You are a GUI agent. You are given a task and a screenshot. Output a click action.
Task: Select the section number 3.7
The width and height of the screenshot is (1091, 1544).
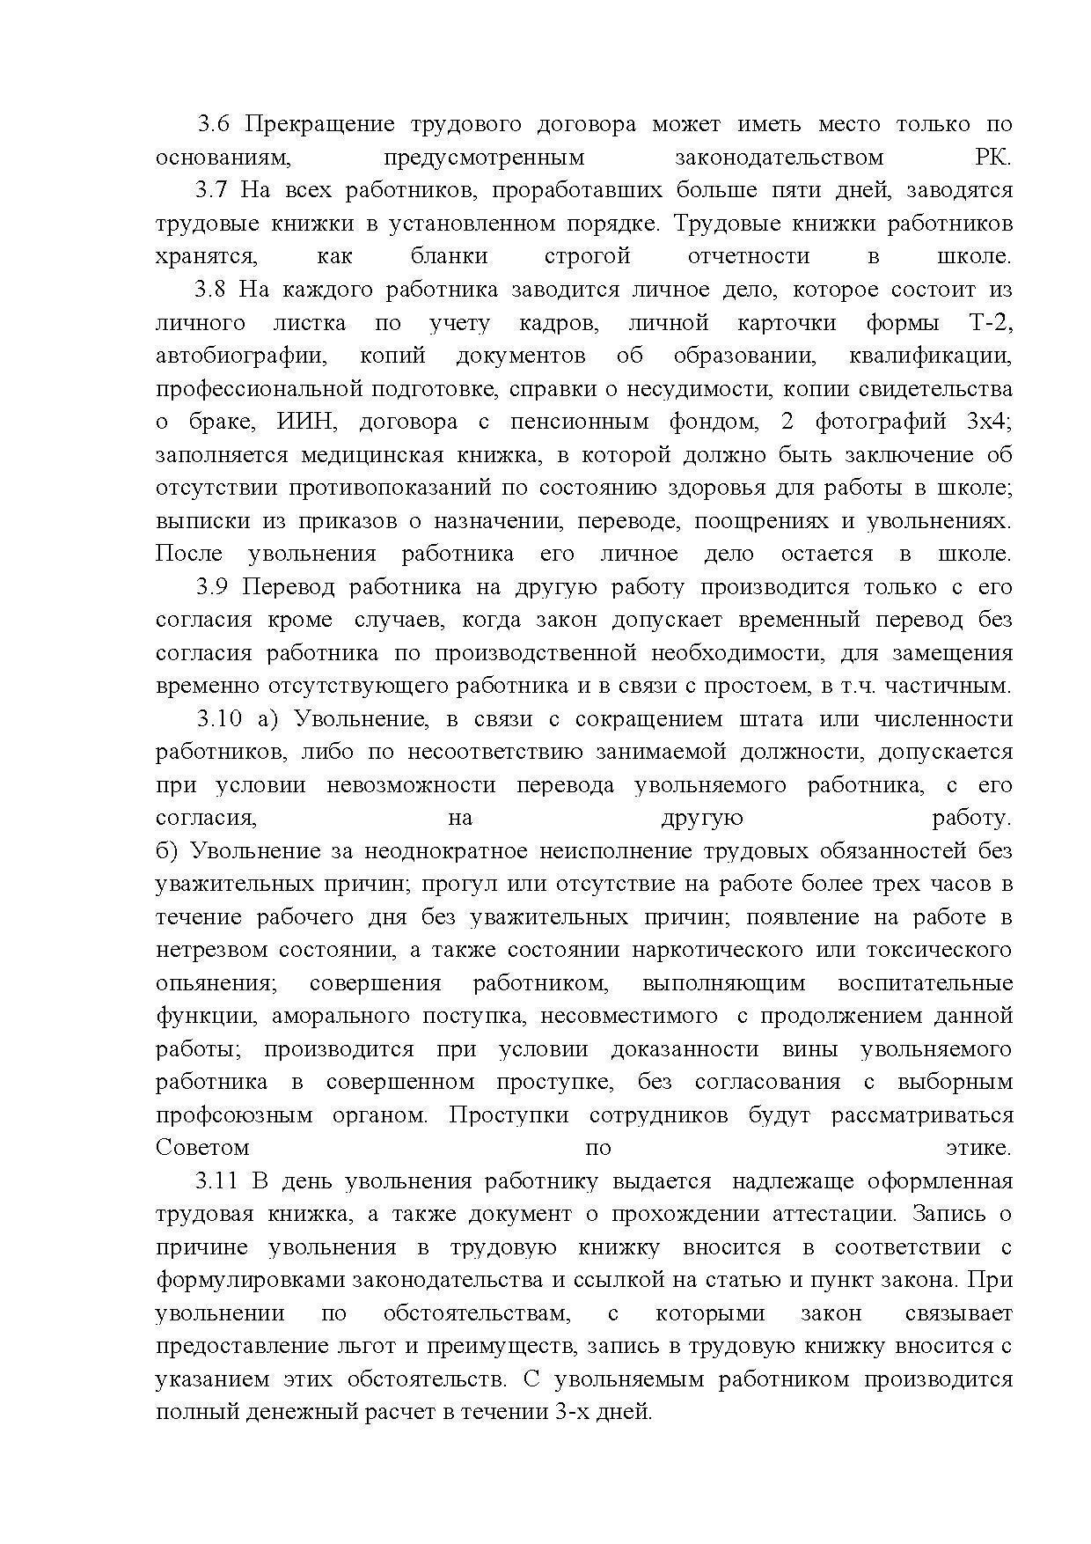click(x=212, y=190)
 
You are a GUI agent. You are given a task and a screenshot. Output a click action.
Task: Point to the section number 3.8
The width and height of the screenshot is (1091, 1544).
click(x=212, y=290)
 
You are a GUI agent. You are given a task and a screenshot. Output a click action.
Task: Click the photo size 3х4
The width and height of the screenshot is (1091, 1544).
click(x=988, y=422)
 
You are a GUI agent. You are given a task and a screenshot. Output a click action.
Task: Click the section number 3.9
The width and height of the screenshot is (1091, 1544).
click(x=212, y=587)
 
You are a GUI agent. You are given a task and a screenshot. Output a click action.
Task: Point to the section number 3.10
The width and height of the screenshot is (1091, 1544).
click(x=218, y=719)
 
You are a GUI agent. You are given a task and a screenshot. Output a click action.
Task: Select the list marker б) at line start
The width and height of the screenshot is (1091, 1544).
click(x=166, y=851)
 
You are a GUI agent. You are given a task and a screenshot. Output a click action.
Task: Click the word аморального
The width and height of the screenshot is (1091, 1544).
click(x=341, y=1016)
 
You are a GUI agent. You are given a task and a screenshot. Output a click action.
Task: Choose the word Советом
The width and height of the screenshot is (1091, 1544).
click(x=202, y=1148)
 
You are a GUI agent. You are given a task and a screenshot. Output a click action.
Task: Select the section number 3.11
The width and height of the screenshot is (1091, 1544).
click(x=218, y=1181)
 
